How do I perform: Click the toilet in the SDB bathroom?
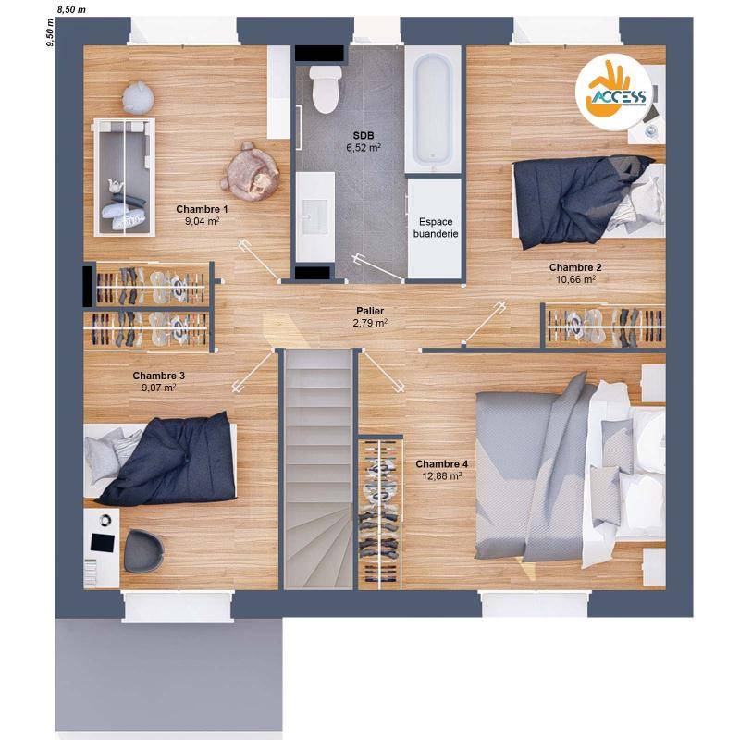click(x=326, y=89)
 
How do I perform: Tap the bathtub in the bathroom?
click(x=433, y=108)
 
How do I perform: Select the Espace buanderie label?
click(x=436, y=228)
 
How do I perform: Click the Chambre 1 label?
click(x=202, y=209)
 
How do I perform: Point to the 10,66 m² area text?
click(x=575, y=279)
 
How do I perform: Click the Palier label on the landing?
click(x=370, y=311)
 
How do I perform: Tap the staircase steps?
click(x=318, y=469)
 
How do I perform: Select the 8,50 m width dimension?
click(x=71, y=9)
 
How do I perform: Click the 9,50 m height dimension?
click(x=50, y=32)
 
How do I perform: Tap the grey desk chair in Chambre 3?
click(x=143, y=550)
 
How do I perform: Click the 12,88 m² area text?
click(x=442, y=476)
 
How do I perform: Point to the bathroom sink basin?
click(x=314, y=216)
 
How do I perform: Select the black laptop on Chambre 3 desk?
click(x=103, y=543)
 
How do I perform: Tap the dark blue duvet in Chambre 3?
click(x=172, y=460)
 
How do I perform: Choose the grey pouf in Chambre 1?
click(x=138, y=97)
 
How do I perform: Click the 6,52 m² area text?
click(x=364, y=148)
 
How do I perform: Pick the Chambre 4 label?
click(x=442, y=464)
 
